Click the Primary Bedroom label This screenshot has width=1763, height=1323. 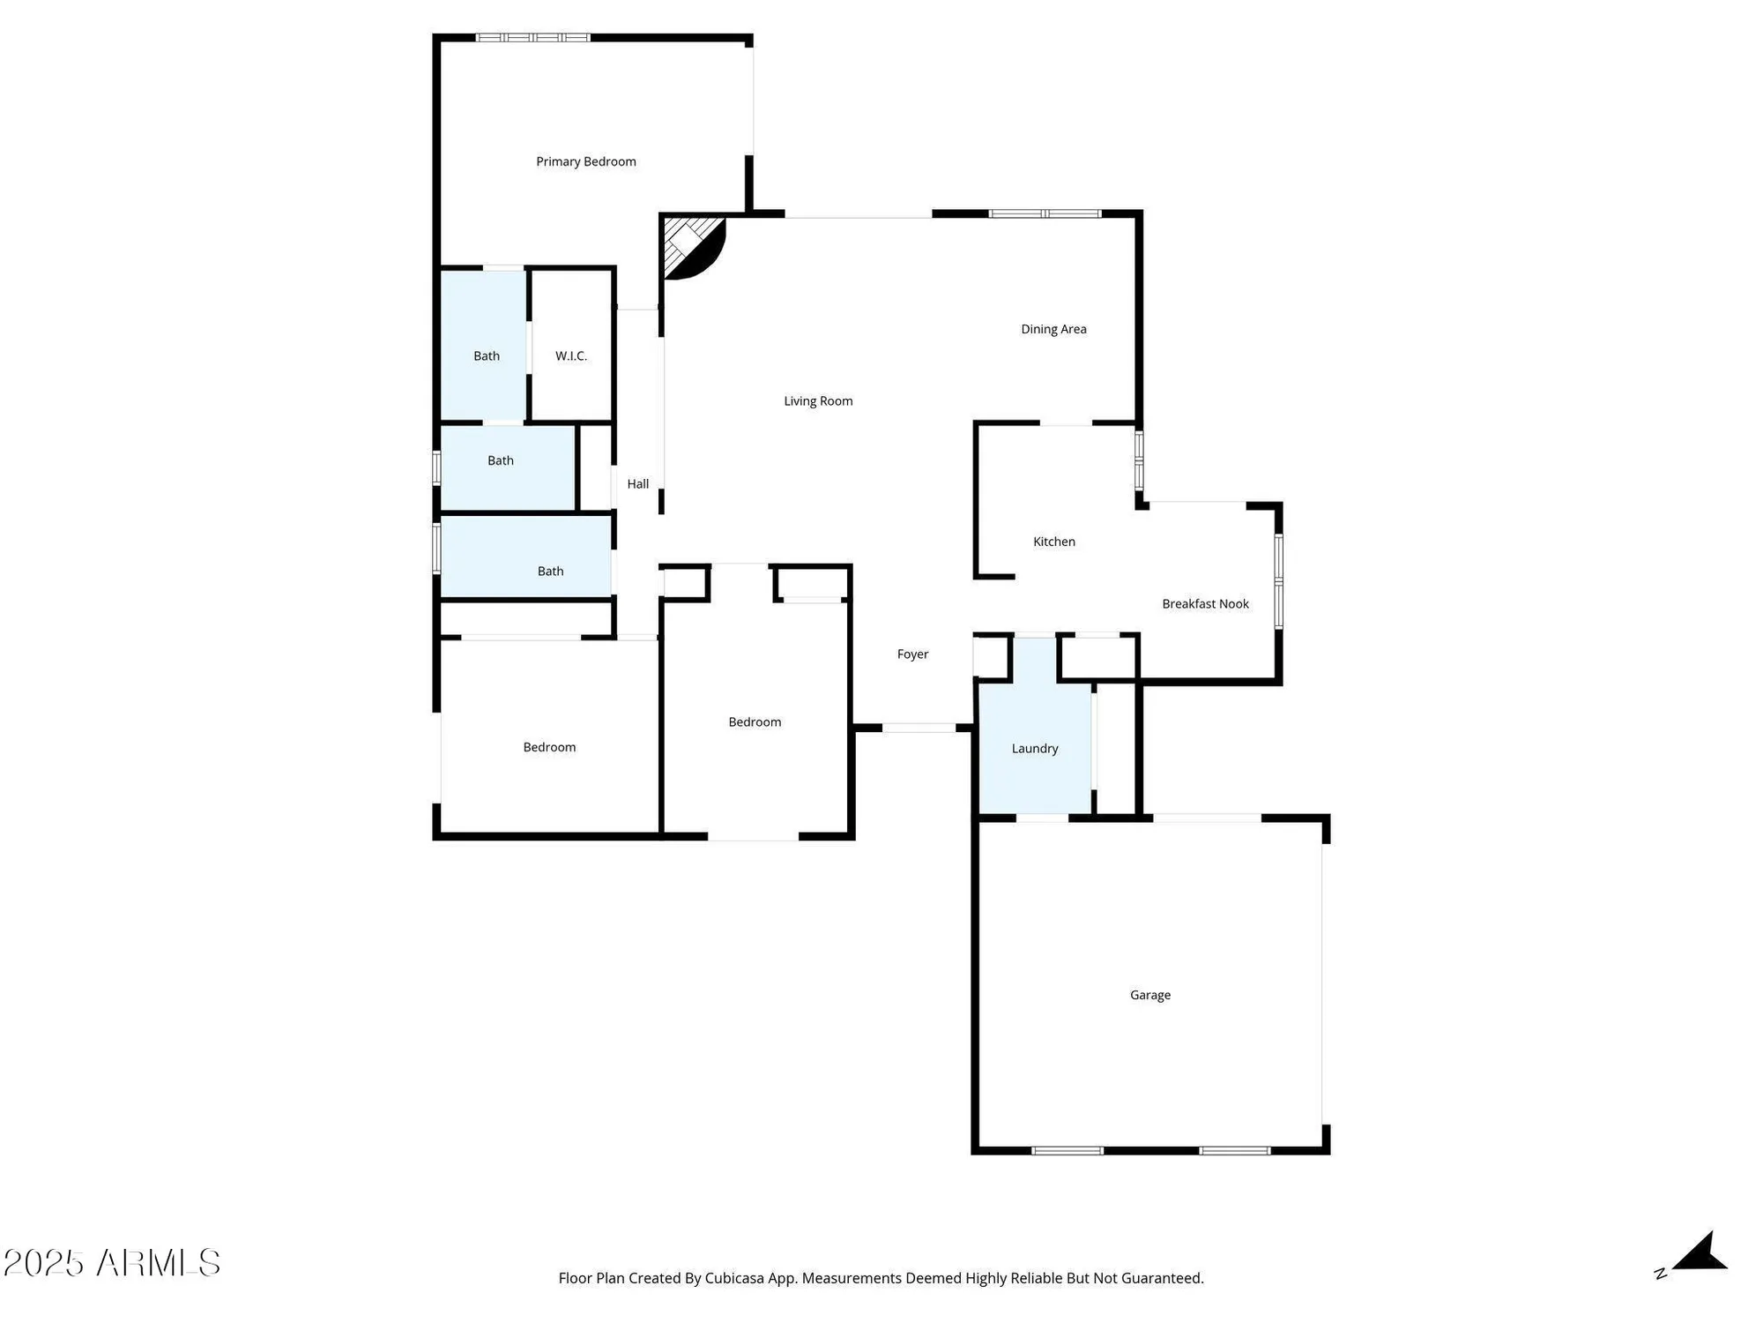coord(586,161)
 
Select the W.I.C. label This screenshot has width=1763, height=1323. coord(571,356)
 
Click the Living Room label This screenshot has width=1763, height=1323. coord(818,401)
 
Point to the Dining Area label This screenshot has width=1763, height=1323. coord(1053,329)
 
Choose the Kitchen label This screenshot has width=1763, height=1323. coord(1053,542)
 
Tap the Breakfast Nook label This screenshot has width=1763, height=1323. coord(1205,604)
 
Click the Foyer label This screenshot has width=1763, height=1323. coord(912,654)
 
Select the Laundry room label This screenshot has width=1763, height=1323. coord(1034,749)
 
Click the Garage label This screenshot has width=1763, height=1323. coord(1150,995)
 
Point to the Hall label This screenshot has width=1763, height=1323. coord(637,484)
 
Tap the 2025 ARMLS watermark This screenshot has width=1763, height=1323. coord(112,1263)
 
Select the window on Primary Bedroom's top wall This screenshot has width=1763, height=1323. coord(532,38)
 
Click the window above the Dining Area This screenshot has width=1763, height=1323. coord(1045,213)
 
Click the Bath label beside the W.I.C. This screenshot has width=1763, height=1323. coord(487,356)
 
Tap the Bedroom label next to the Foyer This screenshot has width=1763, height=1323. coord(755,722)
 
